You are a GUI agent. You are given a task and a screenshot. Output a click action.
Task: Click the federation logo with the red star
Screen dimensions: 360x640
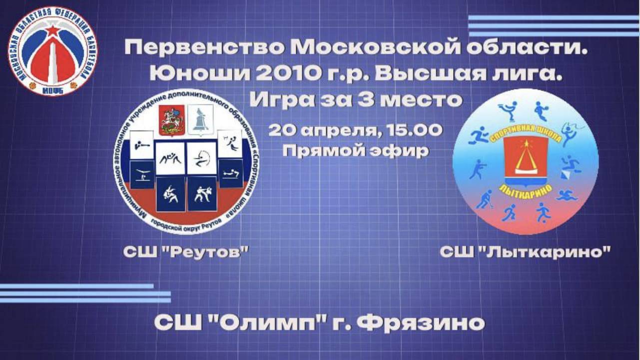(52, 51)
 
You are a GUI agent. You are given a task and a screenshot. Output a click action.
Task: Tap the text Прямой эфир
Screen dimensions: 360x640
(355, 150)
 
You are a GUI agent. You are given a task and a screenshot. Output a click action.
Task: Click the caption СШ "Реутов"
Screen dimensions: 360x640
(186, 252)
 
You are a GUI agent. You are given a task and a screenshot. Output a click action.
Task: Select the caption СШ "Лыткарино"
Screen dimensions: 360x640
(526, 252)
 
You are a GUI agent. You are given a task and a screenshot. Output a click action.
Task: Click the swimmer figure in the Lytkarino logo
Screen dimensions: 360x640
(568, 194)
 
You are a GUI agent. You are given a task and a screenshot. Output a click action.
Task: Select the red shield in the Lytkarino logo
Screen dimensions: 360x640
(526, 159)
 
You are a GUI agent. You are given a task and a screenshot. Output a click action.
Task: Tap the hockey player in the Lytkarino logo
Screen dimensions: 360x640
(483, 199)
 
